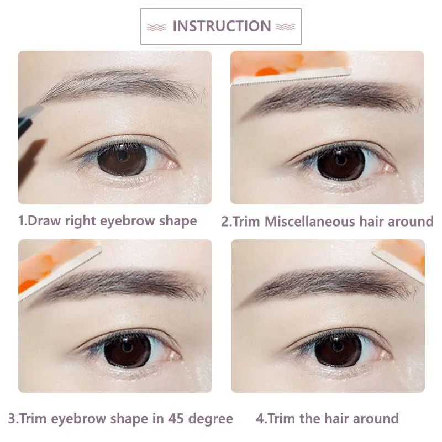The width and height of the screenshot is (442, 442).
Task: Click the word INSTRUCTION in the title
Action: (x=222, y=26)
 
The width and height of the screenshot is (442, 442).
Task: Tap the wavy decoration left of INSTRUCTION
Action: (x=157, y=27)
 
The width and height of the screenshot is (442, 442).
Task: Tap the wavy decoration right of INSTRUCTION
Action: (x=285, y=27)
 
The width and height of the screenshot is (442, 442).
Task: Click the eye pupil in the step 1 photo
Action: (x=123, y=155)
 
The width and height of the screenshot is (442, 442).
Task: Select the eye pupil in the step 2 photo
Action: (x=341, y=160)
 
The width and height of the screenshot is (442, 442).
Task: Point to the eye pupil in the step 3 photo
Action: (x=128, y=347)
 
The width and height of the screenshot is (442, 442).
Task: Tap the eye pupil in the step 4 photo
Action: (x=338, y=346)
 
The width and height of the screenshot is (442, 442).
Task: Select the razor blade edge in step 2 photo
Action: (x=291, y=77)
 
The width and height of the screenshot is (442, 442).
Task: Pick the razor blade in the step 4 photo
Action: (x=398, y=265)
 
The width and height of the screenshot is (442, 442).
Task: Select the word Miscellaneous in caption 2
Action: (x=310, y=222)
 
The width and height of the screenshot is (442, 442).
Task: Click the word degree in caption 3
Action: (x=211, y=419)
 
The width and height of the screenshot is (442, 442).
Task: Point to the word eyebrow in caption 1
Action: (x=127, y=222)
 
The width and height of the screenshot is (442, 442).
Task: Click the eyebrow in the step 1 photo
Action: (x=121, y=84)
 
